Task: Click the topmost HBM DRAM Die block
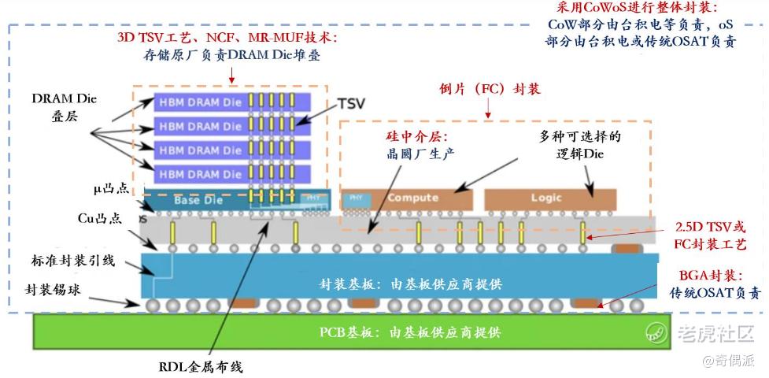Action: click(197, 102)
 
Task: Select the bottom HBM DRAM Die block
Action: click(197, 173)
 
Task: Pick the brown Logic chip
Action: click(549, 198)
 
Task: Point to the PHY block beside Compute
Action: click(351, 198)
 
